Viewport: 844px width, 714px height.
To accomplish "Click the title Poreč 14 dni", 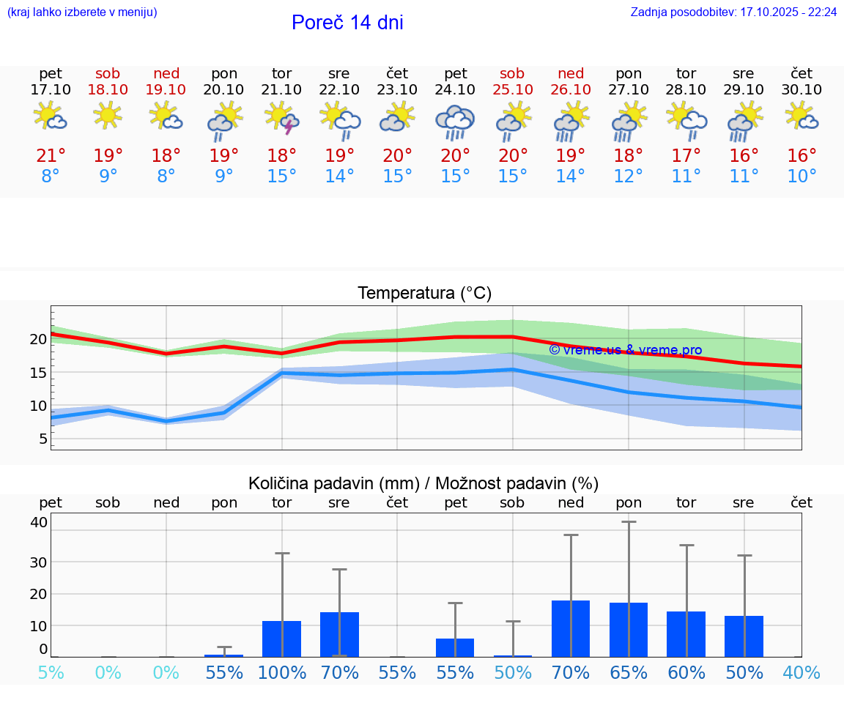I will click(347, 23).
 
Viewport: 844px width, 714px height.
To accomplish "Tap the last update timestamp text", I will click(733, 12).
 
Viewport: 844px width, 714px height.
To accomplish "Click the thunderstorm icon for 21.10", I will click(282, 119).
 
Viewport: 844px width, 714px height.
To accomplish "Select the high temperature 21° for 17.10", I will click(51, 156).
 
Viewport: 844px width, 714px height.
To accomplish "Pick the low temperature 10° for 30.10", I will click(802, 176).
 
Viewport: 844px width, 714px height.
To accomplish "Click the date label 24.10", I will click(455, 90).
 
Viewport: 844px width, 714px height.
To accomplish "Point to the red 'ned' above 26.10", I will click(571, 73).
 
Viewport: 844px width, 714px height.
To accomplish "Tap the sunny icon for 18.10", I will click(108, 116).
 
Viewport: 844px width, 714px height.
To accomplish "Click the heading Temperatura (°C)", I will click(424, 294).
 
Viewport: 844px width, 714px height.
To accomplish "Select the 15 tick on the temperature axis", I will click(39, 373).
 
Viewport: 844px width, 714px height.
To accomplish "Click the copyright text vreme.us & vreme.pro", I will click(625, 350).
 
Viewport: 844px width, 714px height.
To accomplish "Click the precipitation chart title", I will click(423, 483).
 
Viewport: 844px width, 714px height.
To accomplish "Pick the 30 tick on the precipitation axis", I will click(39, 562).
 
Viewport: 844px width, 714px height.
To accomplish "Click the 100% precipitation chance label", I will click(282, 673).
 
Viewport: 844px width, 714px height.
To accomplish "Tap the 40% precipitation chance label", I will click(802, 673).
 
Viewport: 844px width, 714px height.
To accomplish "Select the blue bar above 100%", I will click(282, 639).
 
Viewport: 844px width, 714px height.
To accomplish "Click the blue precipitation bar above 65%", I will click(629, 630).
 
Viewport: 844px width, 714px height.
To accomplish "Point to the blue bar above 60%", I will click(686, 634).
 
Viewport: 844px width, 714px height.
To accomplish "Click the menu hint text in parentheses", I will click(82, 12).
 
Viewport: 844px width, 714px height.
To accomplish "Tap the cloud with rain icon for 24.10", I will click(455, 122).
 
